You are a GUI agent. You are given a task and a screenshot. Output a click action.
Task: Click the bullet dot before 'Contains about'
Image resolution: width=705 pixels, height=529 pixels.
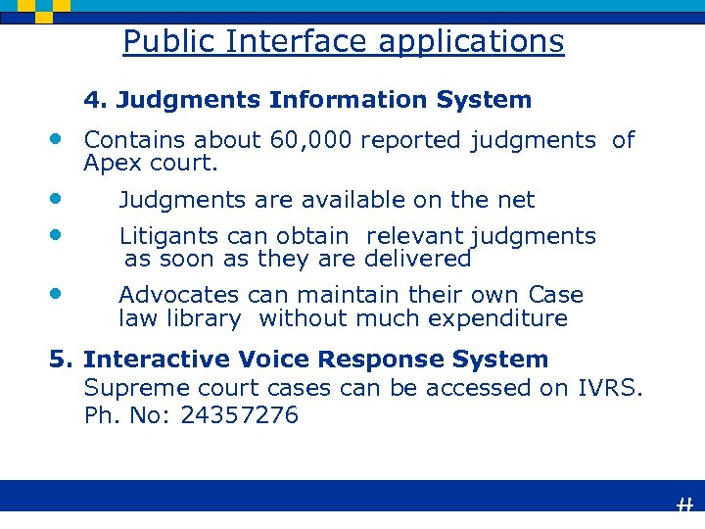(x=58, y=137)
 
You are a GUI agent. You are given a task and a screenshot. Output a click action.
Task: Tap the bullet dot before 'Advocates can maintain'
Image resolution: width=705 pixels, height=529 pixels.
(x=58, y=292)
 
